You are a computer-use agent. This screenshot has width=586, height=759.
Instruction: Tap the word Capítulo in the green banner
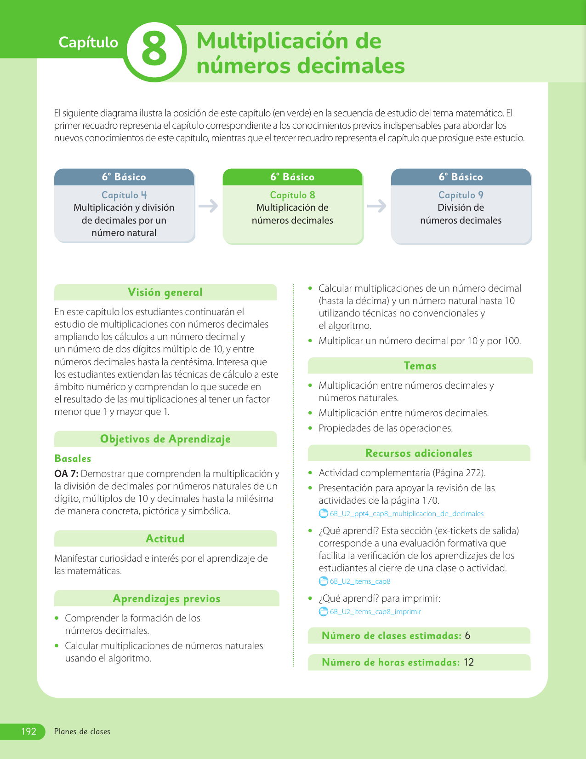(88, 42)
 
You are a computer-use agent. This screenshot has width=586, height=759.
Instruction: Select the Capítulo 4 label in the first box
(124, 195)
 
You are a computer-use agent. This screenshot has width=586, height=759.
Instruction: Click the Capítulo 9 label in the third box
(461, 195)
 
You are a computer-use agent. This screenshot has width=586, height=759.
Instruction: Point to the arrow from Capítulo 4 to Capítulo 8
(208, 206)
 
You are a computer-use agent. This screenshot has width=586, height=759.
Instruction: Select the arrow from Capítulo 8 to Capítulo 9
(377, 206)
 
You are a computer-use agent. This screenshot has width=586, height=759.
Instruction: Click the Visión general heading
(165, 293)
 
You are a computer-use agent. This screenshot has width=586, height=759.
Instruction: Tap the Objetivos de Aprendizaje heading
(165, 439)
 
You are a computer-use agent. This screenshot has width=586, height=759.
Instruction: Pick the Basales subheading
(73, 459)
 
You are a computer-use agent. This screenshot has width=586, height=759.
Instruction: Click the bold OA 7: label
(66, 474)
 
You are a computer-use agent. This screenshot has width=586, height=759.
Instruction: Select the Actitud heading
(165, 539)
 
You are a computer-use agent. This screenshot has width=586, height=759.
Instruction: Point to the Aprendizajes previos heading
(166, 598)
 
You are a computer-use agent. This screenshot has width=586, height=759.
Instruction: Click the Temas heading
(420, 366)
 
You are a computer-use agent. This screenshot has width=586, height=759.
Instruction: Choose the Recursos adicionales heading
(419, 453)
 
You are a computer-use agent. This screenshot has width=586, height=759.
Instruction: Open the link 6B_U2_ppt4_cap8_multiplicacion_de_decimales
(407, 514)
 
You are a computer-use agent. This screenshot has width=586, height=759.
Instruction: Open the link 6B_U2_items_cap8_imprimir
(375, 612)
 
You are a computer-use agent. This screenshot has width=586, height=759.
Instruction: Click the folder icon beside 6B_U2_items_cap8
(324, 581)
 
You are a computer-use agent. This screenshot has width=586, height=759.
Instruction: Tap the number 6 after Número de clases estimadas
(467, 636)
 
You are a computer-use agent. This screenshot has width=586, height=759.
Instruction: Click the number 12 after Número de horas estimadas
(469, 662)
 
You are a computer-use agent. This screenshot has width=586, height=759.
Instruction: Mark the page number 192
(28, 731)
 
